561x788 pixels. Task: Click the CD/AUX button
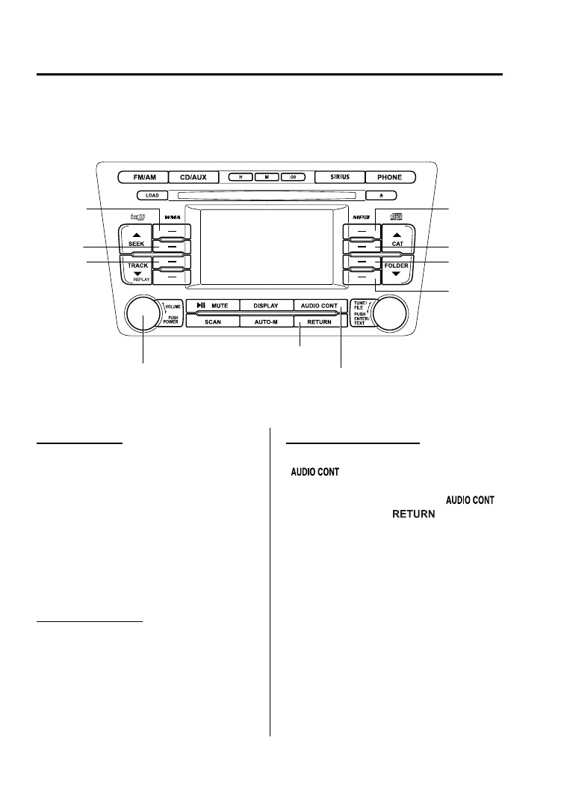tap(193, 178)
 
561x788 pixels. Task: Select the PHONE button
tap(390, 178)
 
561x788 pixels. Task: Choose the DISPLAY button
tap(265, 306)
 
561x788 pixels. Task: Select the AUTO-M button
tap(265, 321)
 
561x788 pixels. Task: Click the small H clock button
tap(242, 178)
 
